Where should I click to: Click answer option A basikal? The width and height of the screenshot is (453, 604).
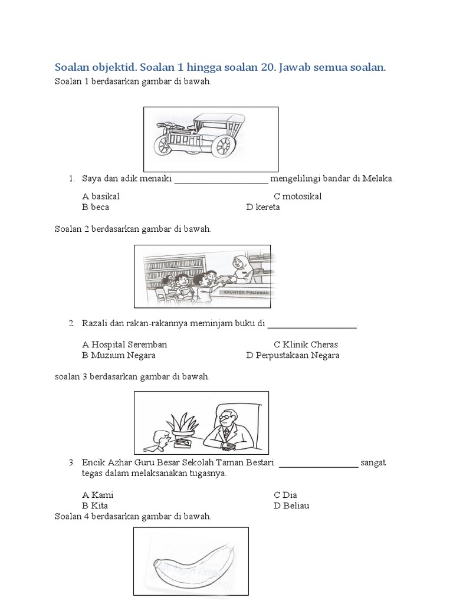pos(101,196)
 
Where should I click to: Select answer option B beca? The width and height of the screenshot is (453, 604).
pos(96,207)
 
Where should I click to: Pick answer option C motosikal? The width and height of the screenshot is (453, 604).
pos(297,196)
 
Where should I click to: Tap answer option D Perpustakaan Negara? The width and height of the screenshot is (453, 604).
pos(293,355)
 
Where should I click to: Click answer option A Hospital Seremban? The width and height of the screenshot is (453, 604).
pos(124,344)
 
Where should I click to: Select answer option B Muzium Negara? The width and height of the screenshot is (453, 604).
pos(119,355)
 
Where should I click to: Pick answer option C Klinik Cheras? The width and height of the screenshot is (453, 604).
pos(306,344)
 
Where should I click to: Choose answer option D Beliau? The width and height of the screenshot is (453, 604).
pos(291,505)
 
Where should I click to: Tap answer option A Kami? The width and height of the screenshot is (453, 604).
pos(98,495)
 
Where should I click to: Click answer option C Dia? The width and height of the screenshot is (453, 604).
pos(285,495)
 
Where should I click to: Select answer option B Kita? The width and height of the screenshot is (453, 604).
pos(95,505)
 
